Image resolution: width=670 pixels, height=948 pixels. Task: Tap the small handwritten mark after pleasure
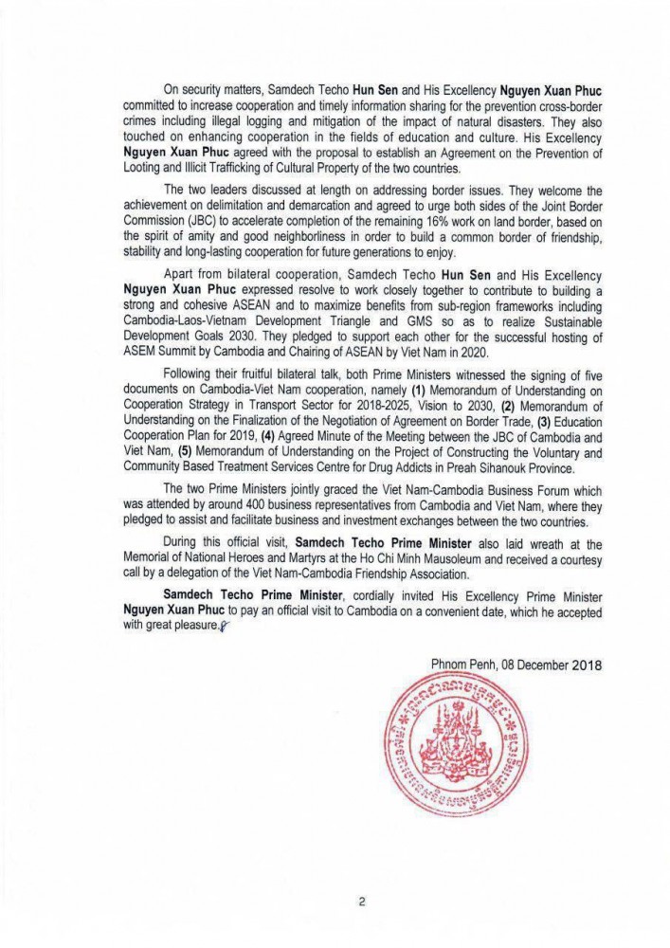click(x=224, y=627)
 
